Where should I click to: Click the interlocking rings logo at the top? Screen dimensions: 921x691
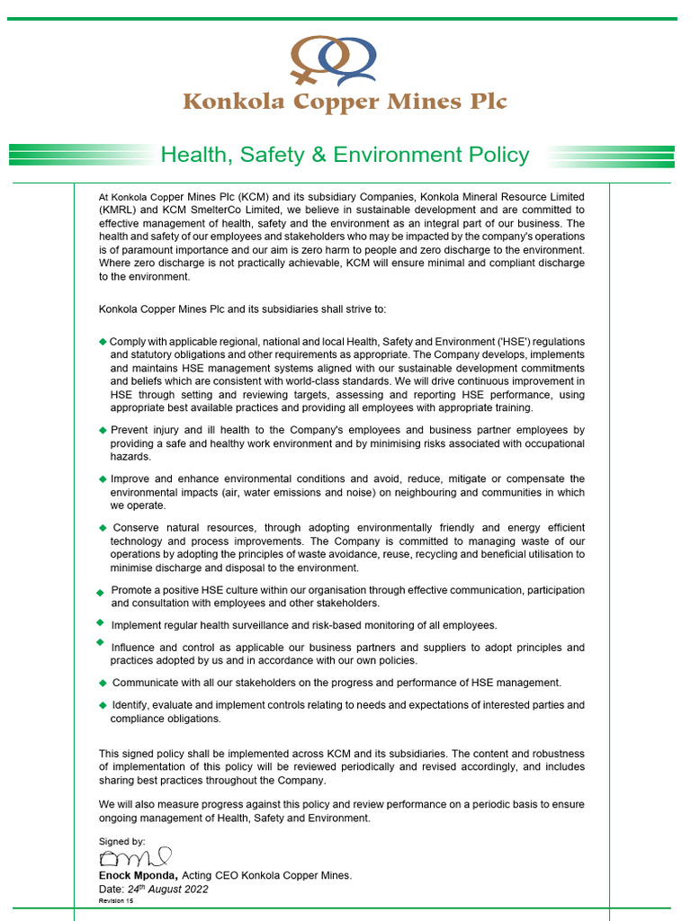coord(333,60)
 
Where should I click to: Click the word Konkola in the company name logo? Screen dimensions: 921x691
coord(233,102)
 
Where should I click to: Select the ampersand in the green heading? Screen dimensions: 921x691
coord(318,155)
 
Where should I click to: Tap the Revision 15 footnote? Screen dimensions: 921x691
coord(116,900)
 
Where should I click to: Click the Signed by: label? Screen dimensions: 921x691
coord(121,842)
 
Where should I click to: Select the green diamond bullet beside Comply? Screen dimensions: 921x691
coord(103,342)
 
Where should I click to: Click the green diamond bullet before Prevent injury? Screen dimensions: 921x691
coord(103,431)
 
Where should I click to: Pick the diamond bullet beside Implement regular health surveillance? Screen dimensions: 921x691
coord(100,622)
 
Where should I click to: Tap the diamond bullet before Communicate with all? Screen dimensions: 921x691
coord(103,683)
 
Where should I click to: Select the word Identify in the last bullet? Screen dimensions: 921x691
coord(131,705)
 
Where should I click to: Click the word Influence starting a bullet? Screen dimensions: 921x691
coord(135,648)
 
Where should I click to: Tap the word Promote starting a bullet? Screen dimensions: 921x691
coord(132,590)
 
